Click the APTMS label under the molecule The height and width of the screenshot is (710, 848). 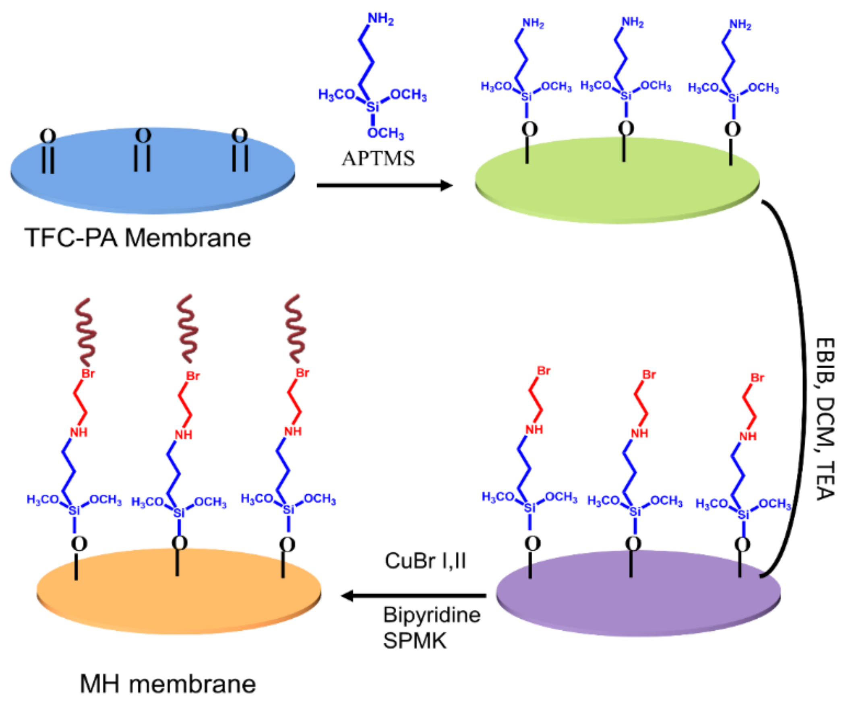point(378,158)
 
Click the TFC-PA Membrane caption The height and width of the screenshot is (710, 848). point(138,238)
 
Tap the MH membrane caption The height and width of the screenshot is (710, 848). point(168,684)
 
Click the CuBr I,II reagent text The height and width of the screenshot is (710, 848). point(425,561)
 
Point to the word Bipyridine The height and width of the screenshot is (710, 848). point(432,615)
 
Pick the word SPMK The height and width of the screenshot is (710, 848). point(415,641)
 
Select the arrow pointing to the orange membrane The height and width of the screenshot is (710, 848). point(414,595)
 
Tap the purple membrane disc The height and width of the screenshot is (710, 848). point(638,605)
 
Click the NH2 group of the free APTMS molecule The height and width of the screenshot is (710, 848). point(381,19)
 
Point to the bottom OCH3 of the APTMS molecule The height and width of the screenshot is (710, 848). point(385,133)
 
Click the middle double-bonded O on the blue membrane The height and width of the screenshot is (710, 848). point(143,136)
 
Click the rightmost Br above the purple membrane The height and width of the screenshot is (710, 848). point(757,378)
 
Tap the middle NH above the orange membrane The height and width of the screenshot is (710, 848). point(183,435)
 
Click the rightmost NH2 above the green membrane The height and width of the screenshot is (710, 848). point(740,25)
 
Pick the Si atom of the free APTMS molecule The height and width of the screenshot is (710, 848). point(372,107)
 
